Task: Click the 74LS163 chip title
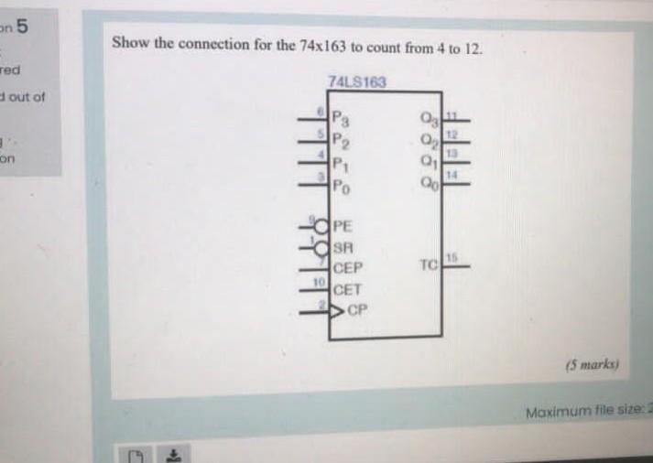click(x=356, y=82)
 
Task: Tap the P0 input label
click(x=340, y=188)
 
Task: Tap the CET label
click(x=348, y=290)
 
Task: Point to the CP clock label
click(x=357, y=309)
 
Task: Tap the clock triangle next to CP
click(x=336, y=309)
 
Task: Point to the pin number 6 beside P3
click(x=321, y=110)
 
